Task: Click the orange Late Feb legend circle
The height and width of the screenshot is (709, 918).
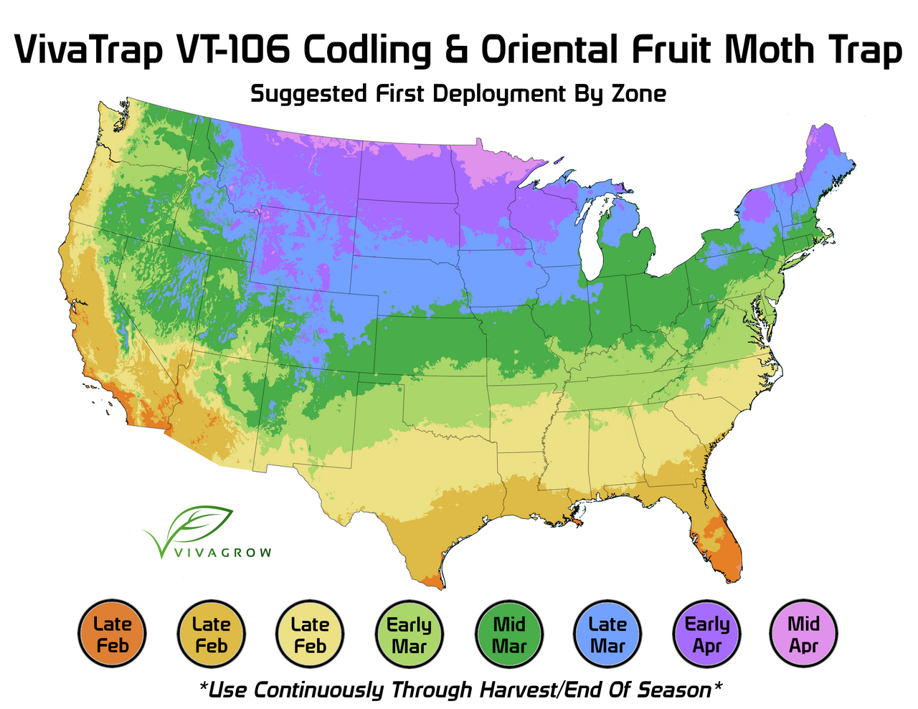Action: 112,634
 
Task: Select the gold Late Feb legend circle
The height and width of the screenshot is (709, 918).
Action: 211,634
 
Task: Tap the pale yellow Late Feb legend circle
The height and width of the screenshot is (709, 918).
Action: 310,634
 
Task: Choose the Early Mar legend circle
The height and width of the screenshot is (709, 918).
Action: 410,634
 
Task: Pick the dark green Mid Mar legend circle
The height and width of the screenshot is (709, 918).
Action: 509,634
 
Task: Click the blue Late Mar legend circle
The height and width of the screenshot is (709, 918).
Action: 608,634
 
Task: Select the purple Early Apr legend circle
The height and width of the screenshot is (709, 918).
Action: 707,634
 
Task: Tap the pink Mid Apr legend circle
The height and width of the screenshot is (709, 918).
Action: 803,634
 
